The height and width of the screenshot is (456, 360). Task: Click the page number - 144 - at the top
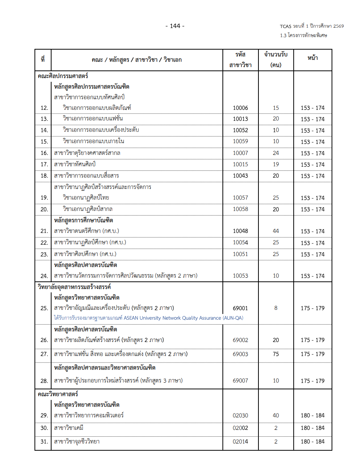[x=175, y=26]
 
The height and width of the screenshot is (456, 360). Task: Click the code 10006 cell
[x=240, y=108]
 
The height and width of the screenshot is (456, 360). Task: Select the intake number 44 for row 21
[x=275, y=231]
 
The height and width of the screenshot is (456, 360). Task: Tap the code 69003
[x=240, y=354]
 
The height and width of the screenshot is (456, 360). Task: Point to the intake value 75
[x=275, y=354]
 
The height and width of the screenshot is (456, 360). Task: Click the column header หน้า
[x=313, y=58]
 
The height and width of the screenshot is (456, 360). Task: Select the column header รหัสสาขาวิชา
[x=240, y=59]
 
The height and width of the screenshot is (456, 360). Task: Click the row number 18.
[x=44, y=176]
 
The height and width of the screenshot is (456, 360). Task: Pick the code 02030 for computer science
[x=240, y=415]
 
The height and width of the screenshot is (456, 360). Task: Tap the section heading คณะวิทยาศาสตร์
[x=58, y=394]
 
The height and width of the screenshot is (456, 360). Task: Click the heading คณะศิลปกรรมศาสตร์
[x=63, y=76]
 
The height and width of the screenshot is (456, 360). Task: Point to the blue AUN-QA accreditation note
[x=149, y=318]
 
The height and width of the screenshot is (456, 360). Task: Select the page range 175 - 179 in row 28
[x=313, y=381]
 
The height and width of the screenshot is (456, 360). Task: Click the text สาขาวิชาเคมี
[x=69, y=428]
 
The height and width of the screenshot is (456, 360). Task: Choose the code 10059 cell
[x=240, y=141]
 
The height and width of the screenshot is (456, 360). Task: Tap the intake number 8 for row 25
[x=275, y=308]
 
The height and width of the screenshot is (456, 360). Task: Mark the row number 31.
[x=44, y=442]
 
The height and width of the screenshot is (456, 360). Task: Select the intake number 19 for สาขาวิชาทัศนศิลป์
[x=275, y=164]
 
